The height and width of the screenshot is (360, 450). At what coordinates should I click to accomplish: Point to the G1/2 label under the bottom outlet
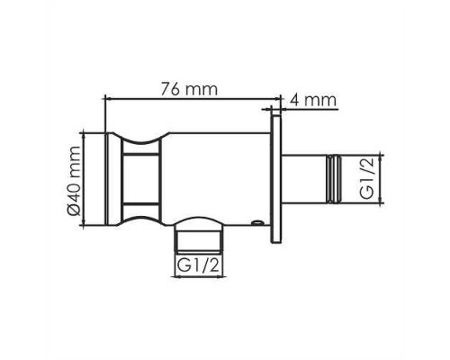pyautogui.click(x=197, y=266)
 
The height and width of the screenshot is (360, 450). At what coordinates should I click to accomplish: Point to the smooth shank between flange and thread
pyautogui.click(x=304, y=179)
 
